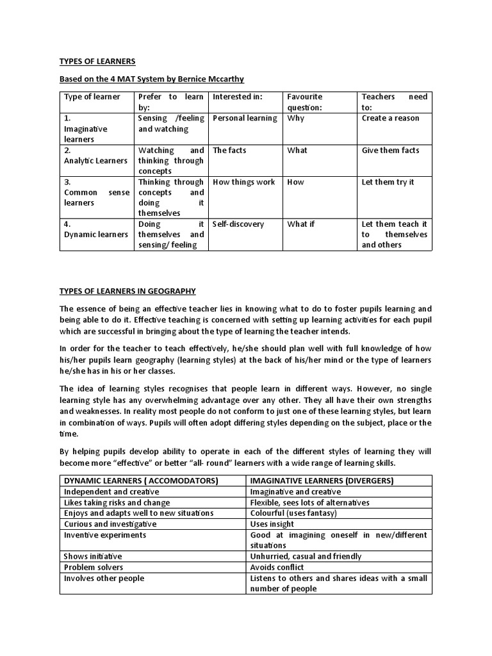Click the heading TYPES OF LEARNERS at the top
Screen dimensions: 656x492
[x=97, y=61]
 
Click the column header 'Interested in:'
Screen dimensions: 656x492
[x=238, y=97]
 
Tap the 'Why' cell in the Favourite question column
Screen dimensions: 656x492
[x=296, y=119]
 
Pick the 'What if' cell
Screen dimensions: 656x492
[x=301, y=224]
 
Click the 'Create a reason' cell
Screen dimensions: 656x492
[x=390, y=119]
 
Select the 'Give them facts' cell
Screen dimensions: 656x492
[x=390, y=151]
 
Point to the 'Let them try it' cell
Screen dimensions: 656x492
[x=388, y=183]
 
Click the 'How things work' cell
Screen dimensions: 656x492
[x=243, y=183]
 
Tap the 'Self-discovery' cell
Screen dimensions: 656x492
[x=238, y=224]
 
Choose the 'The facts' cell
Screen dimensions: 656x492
[x=229, y=151]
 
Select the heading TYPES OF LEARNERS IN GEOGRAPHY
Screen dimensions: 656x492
[x=127, y=291]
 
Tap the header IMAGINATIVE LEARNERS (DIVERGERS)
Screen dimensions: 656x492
[x=322, y=481]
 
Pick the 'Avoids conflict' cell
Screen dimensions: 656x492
[x=277, y=568]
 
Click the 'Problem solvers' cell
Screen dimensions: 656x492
[x=94, y=568]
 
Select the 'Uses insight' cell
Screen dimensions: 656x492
[x=273, y=524]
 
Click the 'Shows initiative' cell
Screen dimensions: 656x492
[x=93, y=557]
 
